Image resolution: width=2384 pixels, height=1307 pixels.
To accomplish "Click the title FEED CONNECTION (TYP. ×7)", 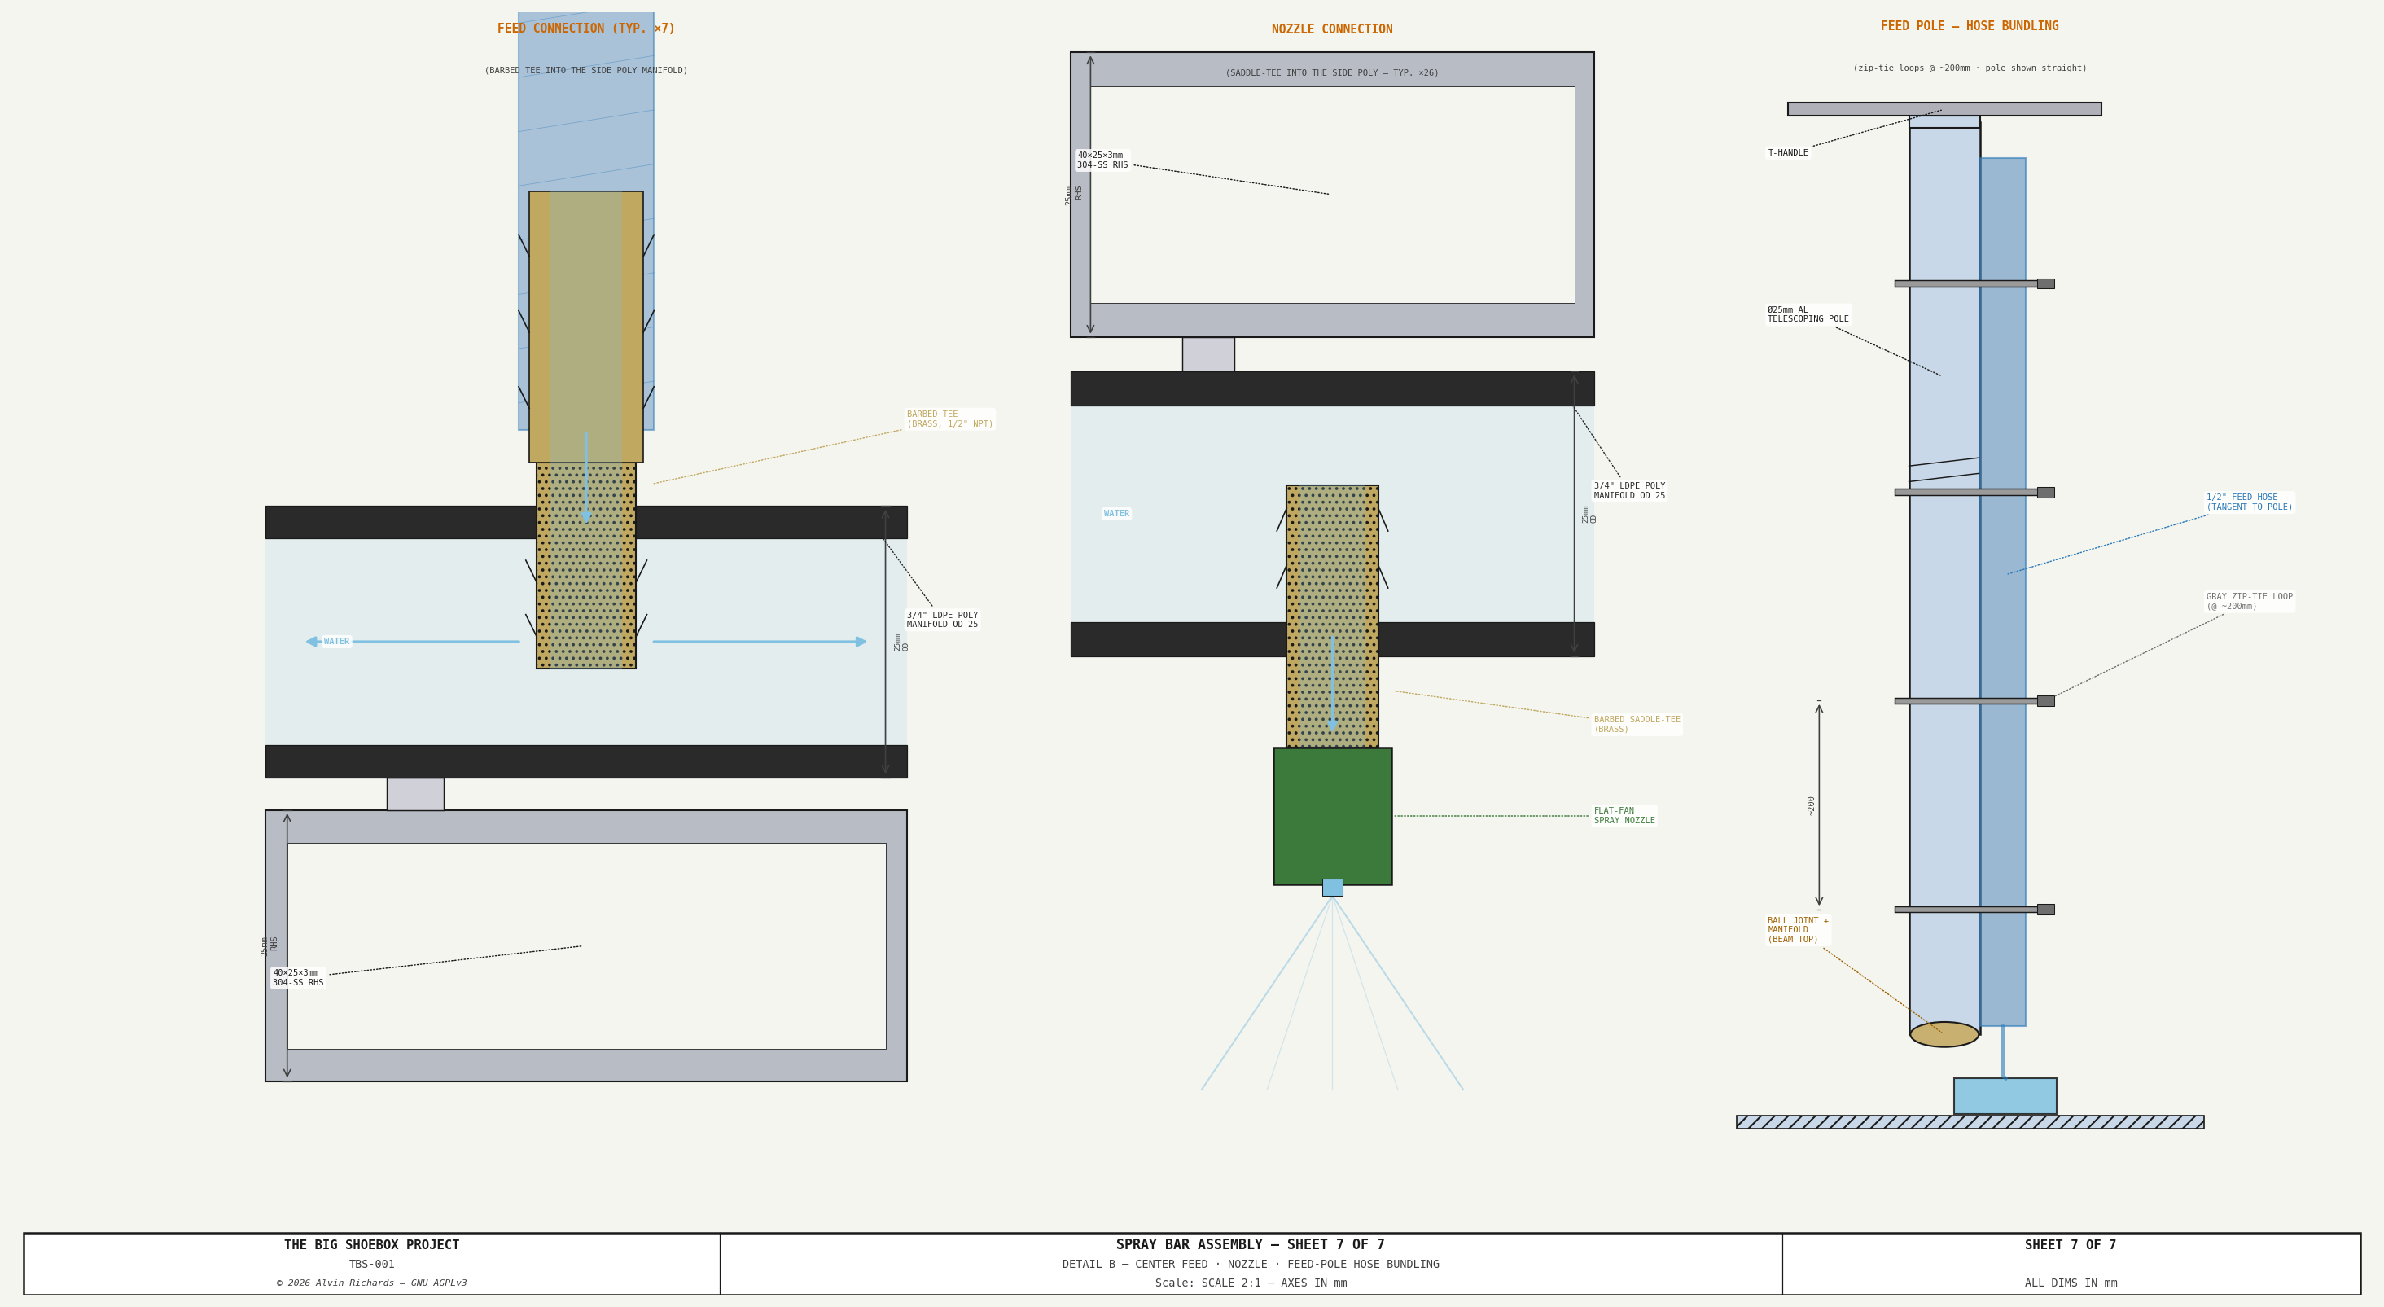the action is click(585, 29).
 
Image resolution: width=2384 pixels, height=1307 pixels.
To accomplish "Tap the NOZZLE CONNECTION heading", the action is click(1332, 29).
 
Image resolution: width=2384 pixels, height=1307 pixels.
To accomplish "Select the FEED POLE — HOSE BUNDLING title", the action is click(1970, 26).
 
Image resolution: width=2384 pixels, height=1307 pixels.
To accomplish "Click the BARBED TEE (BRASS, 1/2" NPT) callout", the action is click(949, 419).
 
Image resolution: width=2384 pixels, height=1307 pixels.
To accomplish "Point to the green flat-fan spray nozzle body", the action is click(1332, 815).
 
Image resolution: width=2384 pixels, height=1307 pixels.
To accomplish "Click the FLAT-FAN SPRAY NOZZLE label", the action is click(1624, 815).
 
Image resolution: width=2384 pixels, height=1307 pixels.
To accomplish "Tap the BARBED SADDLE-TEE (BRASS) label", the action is click(1637, 724).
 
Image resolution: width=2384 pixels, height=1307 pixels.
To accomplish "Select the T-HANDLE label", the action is click(1787, 153).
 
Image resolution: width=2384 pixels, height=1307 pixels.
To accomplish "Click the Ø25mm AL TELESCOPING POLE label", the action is click(1808, 314).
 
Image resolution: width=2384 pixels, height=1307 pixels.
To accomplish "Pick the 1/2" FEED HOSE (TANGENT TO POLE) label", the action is click(2249, 502).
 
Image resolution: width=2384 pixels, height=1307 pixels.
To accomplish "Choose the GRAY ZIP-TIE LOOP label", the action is click(2249, 602).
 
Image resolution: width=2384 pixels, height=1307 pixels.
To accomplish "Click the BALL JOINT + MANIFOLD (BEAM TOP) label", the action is click(1797, 929).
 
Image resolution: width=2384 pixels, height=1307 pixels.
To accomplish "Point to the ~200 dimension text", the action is click(1811, 805).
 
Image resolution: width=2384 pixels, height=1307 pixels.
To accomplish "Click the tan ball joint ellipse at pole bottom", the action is click(1944, 1034).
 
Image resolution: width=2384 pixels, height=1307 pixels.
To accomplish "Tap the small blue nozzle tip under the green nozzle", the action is click(1332, 887).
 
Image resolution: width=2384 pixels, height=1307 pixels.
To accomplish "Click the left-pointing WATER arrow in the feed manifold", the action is click(413, 642).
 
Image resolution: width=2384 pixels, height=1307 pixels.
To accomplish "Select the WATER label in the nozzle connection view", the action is click(1116, 514).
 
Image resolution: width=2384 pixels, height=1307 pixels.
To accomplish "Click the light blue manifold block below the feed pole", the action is click(2005, 1096).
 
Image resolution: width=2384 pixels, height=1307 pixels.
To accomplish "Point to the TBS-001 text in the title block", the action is click(371, 1265).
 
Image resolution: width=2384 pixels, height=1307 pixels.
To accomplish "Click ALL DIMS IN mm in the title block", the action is click(2071, 1283).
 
